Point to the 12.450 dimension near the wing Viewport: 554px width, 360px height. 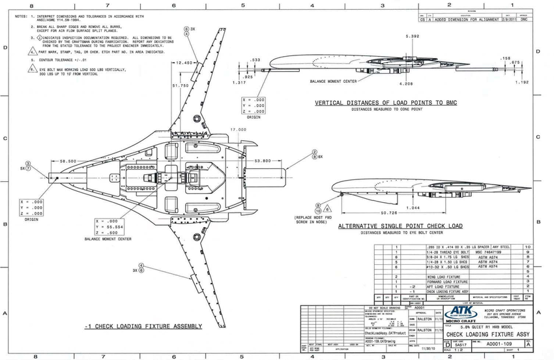tap(184, 63)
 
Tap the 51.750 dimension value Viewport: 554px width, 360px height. tap(181, 85)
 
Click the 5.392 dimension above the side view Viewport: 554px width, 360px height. tap(412, 37)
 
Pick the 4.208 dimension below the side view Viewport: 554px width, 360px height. tap(405, 84)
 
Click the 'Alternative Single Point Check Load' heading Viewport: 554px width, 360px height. tap(400, 226)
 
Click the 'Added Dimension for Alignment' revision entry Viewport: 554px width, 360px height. tap(463, 20)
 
